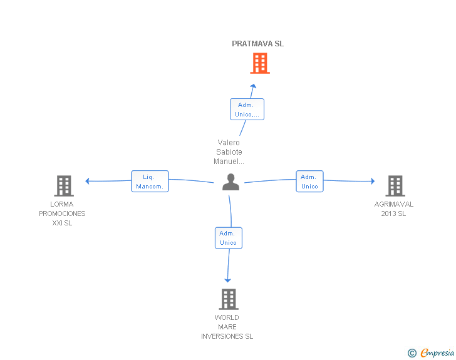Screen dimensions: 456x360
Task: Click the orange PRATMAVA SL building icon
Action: pyautogui.click(x=260, y=63)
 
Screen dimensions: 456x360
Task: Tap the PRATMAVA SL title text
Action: pyautogui.click(x=257, y=44)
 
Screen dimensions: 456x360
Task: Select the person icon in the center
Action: pyautogui.click(x=231, y=182)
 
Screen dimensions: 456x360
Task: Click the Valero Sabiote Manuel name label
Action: pyautogui.click(x=229, y=152)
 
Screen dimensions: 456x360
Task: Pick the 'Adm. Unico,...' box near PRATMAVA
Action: pyautogui.click(x=247, y=110)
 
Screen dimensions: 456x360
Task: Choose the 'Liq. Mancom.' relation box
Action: pyautogui.click(x=150, y=181)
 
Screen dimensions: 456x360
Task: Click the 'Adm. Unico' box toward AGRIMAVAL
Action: pyautogui.click(x=309, y=181)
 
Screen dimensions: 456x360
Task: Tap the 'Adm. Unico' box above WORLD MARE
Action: pyautogui.click(x=228, y=238)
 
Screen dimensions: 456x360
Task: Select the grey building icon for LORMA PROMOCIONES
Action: pyautogui.click(x=64, y=186)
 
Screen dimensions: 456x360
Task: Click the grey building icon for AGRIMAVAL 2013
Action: pyautogui.click(x=395, y=186)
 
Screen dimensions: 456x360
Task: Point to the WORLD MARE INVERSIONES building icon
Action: pyautogui.click(x=229, y=299)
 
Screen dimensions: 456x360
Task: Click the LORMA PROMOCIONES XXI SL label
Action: pyautogui.click(x=62, y=213)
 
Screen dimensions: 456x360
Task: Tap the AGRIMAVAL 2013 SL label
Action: pyautogui.click(x=394, y=208)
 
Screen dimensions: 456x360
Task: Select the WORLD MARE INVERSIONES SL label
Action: pyautogui.click(x=227, y=327)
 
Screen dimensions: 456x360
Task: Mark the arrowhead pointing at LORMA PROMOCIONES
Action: pyautogui.click(x=87, y=181)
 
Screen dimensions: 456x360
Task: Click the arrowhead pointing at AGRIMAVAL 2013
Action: pyautogui.click(x=373, y=181)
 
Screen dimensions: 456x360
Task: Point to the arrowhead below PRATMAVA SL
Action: pyautogui.click(x=253, y=86)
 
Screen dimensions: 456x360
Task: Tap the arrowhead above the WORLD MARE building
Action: pyautogui.click(x=228, y=280)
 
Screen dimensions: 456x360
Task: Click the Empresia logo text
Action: pyautogui.click(x=437, y=353)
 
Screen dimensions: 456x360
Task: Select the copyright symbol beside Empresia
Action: pyautogui.click(x=412, y=353)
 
